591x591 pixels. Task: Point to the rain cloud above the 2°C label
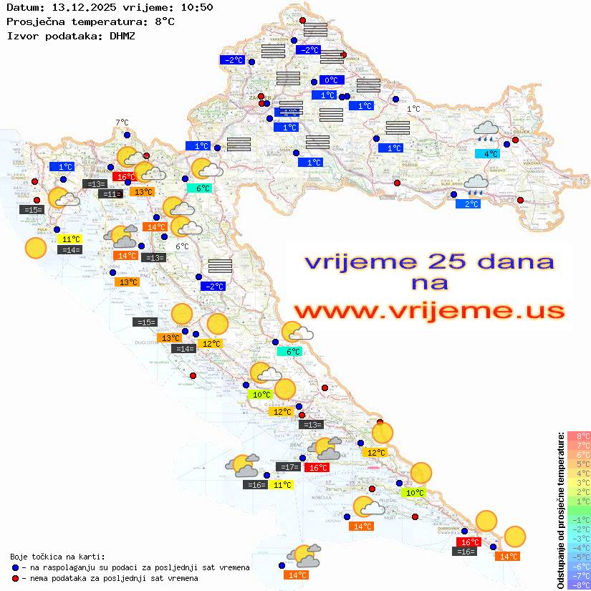476,184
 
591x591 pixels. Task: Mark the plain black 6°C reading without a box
182,246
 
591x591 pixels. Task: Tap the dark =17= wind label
289,467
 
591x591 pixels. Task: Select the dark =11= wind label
110,194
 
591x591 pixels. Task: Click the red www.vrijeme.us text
429,311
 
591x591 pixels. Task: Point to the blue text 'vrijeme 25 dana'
429,261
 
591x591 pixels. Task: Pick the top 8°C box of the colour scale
579,436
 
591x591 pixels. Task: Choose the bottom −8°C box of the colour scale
579,585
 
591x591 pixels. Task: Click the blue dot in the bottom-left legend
15,567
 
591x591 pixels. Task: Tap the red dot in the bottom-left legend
15,578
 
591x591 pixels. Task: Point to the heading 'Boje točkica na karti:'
57,556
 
